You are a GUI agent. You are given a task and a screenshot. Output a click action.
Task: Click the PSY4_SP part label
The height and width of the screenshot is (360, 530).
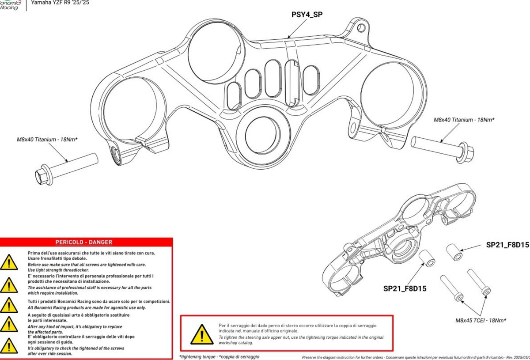307,15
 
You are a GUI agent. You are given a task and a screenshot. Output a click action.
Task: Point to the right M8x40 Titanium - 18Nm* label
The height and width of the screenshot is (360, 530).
464,120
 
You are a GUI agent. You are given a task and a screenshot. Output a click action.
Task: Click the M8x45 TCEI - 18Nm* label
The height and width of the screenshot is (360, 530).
481,320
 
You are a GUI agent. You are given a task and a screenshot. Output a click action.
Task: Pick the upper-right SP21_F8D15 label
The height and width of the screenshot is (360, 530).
507,245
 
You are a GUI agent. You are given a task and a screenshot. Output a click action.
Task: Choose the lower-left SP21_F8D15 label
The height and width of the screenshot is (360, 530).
405,289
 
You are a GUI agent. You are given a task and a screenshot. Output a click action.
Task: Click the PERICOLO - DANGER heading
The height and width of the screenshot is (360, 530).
83,242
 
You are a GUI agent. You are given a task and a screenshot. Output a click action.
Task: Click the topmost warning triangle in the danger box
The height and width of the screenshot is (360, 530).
9,262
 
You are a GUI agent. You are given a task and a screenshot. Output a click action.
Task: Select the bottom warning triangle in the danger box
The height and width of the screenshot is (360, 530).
9,345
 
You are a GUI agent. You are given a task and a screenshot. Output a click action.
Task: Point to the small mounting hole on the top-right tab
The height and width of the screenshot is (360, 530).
362,28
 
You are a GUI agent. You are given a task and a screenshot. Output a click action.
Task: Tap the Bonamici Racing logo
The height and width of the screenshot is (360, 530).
10,4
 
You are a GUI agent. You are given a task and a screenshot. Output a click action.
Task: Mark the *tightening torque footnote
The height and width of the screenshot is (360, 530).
219,356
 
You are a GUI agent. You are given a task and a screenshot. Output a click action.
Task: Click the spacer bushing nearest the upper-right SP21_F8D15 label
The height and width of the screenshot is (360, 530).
454,252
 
